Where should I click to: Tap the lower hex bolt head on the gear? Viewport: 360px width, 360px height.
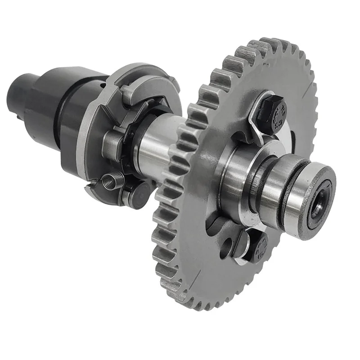[257, 247]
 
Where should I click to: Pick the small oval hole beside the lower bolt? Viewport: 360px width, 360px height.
[227, 247]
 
